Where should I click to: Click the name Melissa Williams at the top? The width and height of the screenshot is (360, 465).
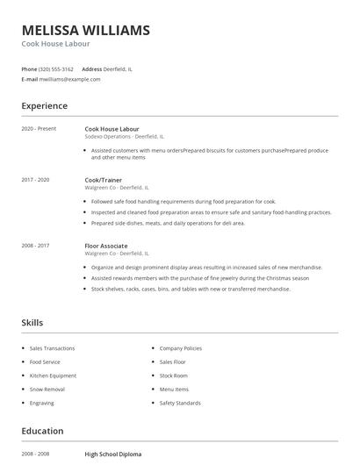pyautogui.click(x=85, y=31)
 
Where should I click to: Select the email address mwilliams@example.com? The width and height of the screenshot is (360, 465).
pyautogui.click(x=71, y=79)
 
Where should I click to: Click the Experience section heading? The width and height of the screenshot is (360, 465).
pyautogui.click(x=44, y=106)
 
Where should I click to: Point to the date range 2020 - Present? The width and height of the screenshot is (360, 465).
pyautogui.click(x=39, y=129)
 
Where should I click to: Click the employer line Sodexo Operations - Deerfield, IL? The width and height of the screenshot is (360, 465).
pyautogui.click(x=124, y=137)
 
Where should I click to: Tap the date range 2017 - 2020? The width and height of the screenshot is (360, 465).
pyautogui.click(x=35, y=179)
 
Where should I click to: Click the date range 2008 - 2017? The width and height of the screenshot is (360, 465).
pyautogui.click(x=35, y=246)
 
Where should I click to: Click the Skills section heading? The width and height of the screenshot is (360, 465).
pyautogui.click(x=32, y=323)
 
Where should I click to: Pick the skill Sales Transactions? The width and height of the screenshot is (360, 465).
pyautogui.click(x=52, y=348)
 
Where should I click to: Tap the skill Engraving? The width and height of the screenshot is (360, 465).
pyautogui.click(x=42, y=403)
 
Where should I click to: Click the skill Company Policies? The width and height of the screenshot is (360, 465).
pyautogui.click(x=181, y=348)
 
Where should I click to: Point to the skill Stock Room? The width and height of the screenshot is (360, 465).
pyautogui.click(x=174, y=376)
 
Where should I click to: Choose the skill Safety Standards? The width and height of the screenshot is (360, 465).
pyautogui.click(x=180, y=403)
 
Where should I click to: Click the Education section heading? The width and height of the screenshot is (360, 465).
pyautogui.click(x=42, y=431)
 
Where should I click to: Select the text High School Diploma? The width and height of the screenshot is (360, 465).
pyautogui.click(x=112, y=454)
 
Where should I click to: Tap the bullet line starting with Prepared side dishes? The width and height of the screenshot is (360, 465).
pyautogui.click(x=168, y=224)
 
